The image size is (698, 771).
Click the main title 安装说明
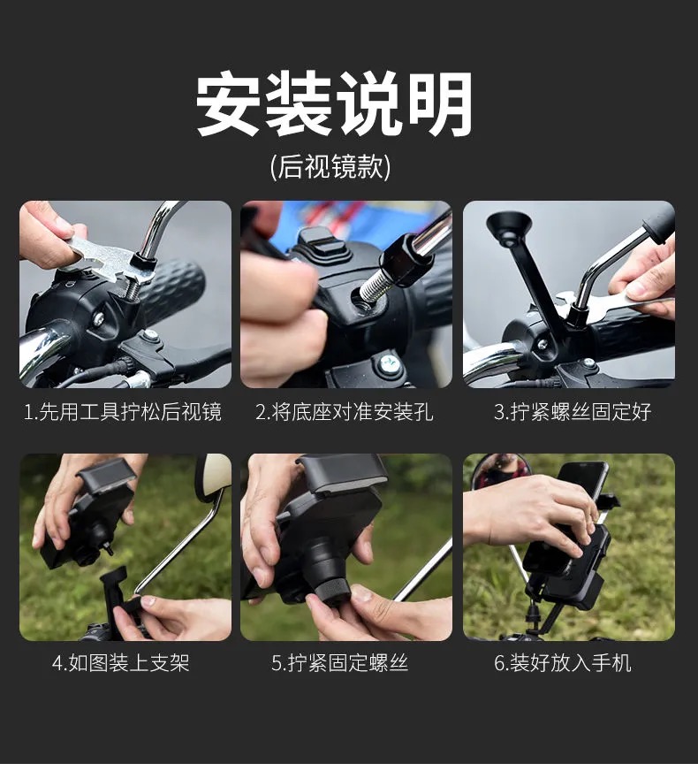click(334, 103)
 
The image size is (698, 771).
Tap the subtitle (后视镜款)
click(330, 167)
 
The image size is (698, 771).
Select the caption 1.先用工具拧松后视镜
click(123, 411)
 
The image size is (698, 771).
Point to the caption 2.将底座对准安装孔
click(345, 411)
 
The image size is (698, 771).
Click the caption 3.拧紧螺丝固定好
click(573, 411)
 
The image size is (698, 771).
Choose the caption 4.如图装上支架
click(121, 663)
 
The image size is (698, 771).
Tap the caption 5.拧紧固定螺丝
click(340, 663)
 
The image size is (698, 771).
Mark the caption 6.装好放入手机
click(563, 663)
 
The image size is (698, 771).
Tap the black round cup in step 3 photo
click(508, 226)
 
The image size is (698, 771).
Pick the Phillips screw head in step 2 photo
click(389, 364)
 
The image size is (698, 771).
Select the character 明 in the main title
click(441, 103)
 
